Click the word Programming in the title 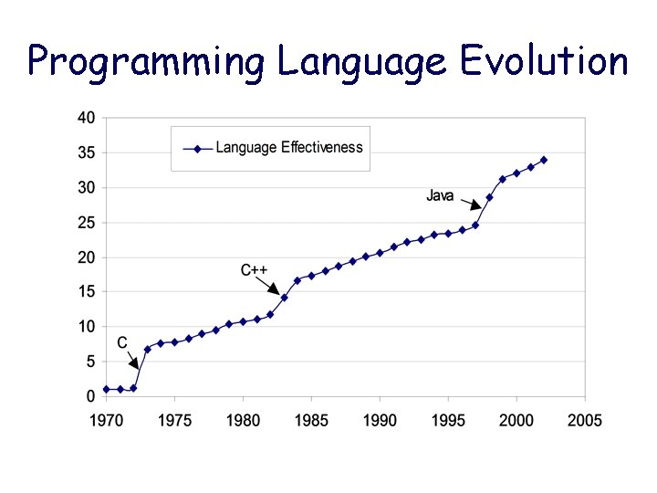click(x=146, y=62)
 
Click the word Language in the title click(x=361, y=62)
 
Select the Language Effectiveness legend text click(x=289, y=147)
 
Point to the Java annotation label click(x=440, y=195)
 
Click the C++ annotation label click(x=254, y=270)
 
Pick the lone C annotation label click(x=122, y=343)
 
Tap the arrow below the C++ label click(x=271, y=286)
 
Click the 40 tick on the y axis click(x=85, y=118)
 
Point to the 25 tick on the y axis click(x=85, y=223)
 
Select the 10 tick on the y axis click(x=85, y=327)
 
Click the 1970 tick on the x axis click(x=106, y=420)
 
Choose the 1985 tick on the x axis click(x=311, y=420)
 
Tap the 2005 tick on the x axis click(x=585, y=420)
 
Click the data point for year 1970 click(x=106, y=389)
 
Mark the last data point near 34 click(x=544, y=160)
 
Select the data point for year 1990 click(x=380, y=253)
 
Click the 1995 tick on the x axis click(x=448, y=420)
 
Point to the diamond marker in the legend click(x=197, y=148)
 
